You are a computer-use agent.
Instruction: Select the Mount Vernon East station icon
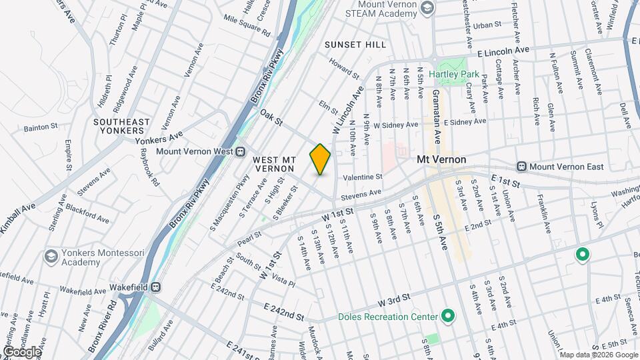tap(522, 166)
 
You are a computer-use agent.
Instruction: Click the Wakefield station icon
tap(156, 287)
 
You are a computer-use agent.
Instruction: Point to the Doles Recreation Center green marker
tap(448, 316)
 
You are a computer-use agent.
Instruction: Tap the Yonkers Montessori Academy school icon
tap(51, 257)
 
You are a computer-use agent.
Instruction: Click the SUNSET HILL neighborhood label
tap(355, 45)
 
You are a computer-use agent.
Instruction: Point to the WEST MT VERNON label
tap(274, 165)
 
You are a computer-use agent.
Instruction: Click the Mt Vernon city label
tap(441, 160)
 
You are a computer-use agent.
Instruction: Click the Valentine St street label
tap(363, 177)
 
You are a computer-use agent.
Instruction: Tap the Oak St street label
tap(272, 117)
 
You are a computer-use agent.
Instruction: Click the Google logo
tap(22, 351)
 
